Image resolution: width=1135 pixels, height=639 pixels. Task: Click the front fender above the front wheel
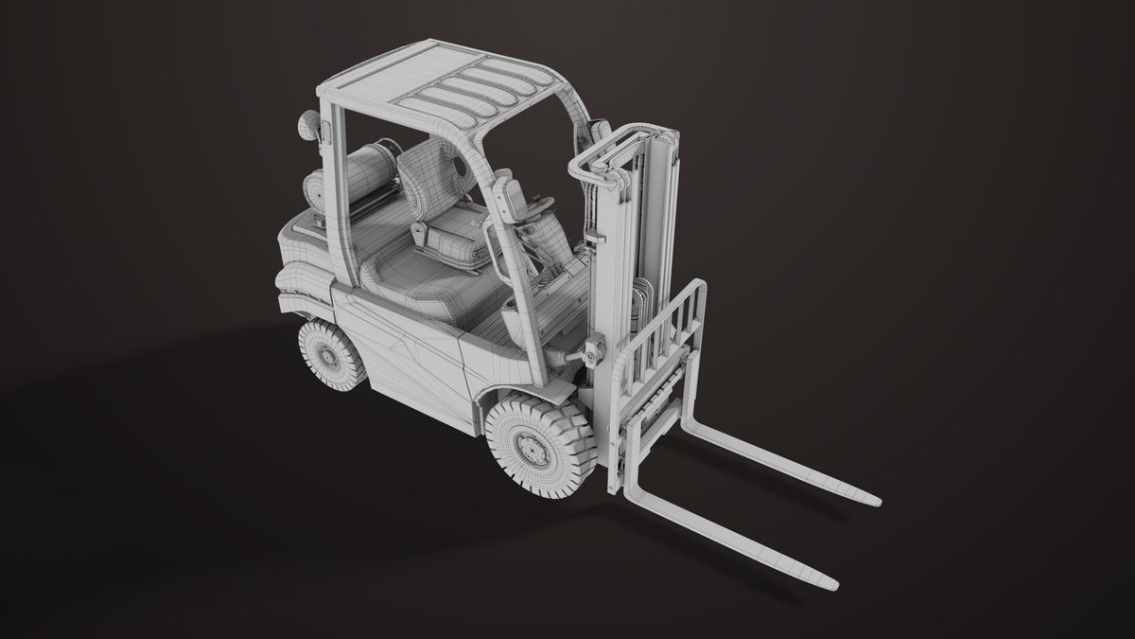click(x=511, y=388)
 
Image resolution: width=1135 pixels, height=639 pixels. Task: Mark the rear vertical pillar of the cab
click(x=331, y=161)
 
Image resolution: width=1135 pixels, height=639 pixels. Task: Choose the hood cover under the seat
click(x=416, y=284)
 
